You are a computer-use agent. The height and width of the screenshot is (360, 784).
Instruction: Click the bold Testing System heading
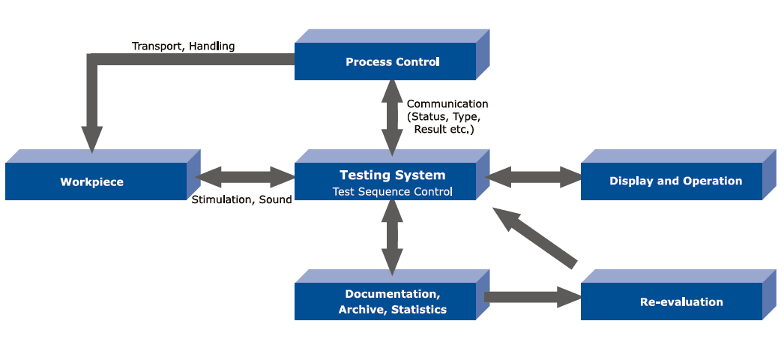coord(392,175)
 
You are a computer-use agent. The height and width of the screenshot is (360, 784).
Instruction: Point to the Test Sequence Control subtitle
coord(392,191)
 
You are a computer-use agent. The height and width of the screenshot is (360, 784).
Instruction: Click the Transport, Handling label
coord(183,46)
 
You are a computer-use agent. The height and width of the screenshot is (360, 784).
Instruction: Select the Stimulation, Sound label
coord(241,199)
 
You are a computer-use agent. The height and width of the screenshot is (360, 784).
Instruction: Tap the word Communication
coord(447,103)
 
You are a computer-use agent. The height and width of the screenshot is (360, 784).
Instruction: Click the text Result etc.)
coord(444,129)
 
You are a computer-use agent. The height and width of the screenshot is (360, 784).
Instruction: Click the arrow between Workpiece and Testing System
coord(244,178)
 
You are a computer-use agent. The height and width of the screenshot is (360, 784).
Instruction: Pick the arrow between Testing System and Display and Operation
coord(534,178)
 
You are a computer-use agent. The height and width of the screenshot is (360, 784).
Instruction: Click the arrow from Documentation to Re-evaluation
coord(532,297)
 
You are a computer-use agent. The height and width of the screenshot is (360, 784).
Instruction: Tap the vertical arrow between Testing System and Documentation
coord(391,236)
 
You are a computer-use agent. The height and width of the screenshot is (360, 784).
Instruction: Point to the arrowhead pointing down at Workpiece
coord(92,140)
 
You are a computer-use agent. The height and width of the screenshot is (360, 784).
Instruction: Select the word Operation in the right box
coord(712,181)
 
